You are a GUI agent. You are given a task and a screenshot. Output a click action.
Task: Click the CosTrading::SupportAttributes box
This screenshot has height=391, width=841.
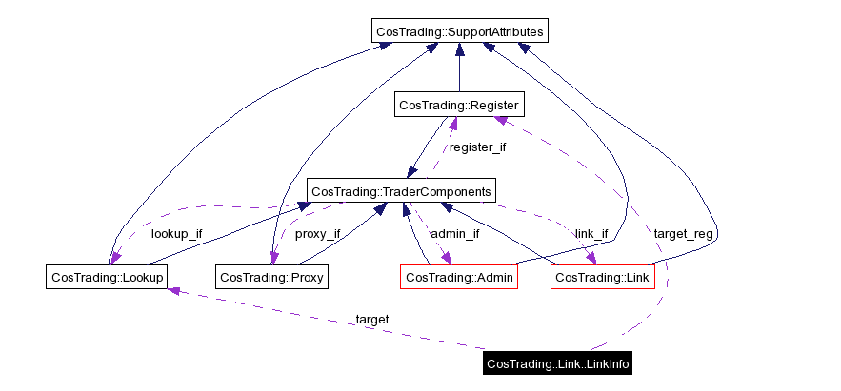pyautogui.click(x=460, y=32)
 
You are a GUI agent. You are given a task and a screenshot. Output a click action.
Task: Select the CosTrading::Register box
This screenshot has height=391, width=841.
pyautogui.click(x=459, y=105)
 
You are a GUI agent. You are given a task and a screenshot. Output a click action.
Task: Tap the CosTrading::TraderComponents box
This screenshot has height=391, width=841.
pyautogui.click(x=401, y=191)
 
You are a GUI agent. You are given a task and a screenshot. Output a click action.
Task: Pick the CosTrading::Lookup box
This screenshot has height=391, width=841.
pyautogui.click(x=107, y=278)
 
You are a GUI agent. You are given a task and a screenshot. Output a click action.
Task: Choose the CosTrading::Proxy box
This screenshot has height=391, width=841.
pyautogui.click(x=272, y=278)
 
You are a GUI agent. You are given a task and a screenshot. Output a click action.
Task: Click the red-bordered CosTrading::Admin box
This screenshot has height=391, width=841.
pyautogui.click(x=459, y=278)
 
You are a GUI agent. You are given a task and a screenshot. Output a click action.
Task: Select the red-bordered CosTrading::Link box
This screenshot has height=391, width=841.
pyautogui.click(x=602, y=278)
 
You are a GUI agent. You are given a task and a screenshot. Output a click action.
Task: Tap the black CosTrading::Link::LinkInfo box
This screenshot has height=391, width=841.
pyautogui.click(x=557, y=363)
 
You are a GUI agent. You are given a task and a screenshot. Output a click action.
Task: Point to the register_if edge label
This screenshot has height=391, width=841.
pyautogui.click(x=477, y=147)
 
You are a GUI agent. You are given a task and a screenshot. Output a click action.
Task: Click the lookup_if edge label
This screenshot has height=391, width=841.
pyautogui.click(x=176, y=234)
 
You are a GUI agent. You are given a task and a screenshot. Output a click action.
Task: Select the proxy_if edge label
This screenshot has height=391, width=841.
pyautogui.click(x=317, y=234)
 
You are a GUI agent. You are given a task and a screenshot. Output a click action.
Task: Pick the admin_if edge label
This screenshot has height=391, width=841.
pyautogui.click(x=454, y=234)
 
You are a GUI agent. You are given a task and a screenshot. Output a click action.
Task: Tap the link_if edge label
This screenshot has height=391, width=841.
pyautogui.click(x=591, y=234)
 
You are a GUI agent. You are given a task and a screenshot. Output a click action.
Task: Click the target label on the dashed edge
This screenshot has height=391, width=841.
pyautogui.click(x=371, y=320)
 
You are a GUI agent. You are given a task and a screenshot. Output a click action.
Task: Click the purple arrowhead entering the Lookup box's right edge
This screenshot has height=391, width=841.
pyautogui.click(x=172, y=288)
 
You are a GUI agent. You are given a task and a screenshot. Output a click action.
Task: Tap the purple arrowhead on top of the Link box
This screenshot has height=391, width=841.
pyautogui.click(x=592, y=260)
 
